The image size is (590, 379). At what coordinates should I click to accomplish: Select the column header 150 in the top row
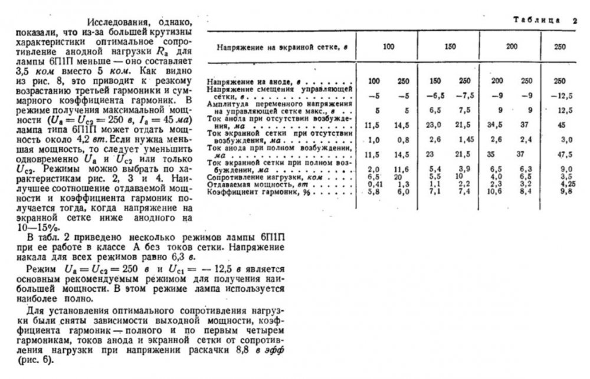[451, 47]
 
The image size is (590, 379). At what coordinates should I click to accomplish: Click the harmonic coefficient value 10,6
[496, 192]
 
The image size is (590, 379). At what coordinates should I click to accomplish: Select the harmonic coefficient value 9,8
[567, 192]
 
